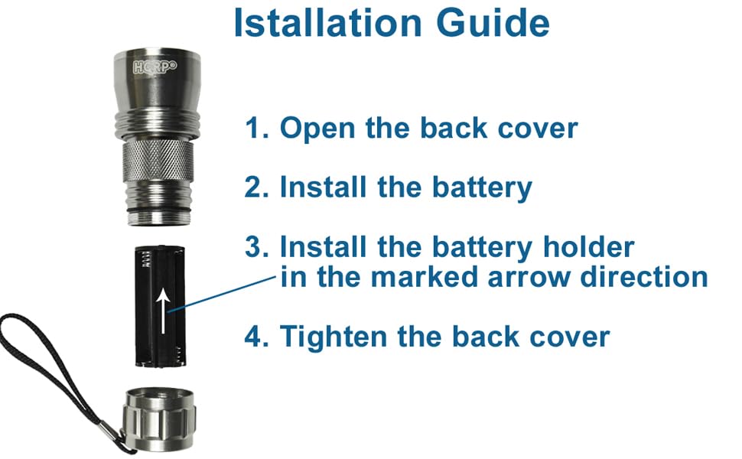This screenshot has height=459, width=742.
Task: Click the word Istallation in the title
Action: click(x=327, y=23)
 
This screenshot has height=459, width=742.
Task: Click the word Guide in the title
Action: click(x=493, y=23)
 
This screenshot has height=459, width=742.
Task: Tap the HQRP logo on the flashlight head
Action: click(x=155, y=67)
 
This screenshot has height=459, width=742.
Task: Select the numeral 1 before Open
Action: click(x=251, y=129)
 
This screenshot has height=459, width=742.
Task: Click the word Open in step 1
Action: click(x=317, y=129)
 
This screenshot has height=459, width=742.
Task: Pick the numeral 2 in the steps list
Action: click(x=252, y=187)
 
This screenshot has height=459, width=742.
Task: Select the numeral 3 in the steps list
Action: click(x=252, y=246)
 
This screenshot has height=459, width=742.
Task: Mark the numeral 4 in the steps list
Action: click(x=252, y=337)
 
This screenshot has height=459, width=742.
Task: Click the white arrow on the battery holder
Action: click(x=163, y=311)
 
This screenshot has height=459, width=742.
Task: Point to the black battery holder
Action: click(x=159, y=306)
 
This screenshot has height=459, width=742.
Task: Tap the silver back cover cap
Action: click(x=159, y=419)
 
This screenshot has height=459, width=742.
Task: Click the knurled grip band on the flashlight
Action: click(x=158, y=161)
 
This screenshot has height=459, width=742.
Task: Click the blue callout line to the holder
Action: click(x=222, y=295)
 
